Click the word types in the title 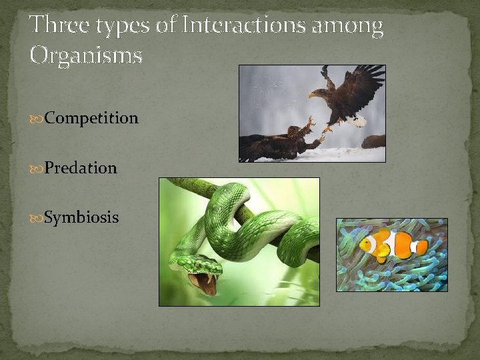[x=131, y=27]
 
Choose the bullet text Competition [x=92, y=119]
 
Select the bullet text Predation [x=81, y=168]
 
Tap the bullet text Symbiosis [x=82, y=217]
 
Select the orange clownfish [x=390, y=245]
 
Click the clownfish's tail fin [x=420, y=247]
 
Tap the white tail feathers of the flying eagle [x=360, y=121]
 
